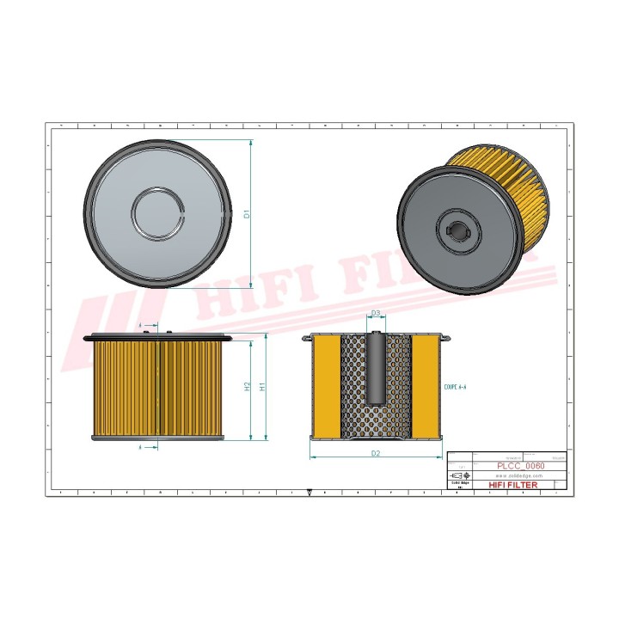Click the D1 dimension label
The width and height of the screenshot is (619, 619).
pyautogui.click(x=246, y=213)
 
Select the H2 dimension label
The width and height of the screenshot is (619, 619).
pyautogui.click(x=248, y=388)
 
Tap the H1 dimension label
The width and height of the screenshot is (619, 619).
pyautogui.click(x=263, y=388)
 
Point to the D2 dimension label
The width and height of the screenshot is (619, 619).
pyautogui.click(x=376, y=452)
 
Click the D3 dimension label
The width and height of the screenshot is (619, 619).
pyautogui.click(x=376, y=314)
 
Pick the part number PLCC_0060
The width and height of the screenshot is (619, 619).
pyautogui.click(x=520, y=465)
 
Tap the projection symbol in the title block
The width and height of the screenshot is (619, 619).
pyautogui.click(x=460, y=475)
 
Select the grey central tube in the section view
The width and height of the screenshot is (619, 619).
pyautogui.click(x=376, y=370)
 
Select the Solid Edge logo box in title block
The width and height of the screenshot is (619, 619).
pyautogui.click(x=460, y=486)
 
